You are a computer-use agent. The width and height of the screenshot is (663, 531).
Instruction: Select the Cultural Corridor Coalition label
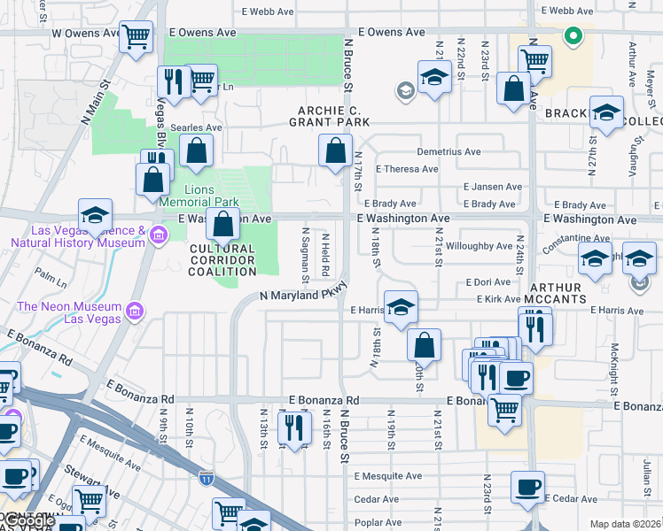pos(222,260)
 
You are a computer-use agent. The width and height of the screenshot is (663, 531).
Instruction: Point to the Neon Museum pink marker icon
pos(135,311)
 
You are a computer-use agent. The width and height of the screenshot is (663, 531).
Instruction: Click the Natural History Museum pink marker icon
pos(159,235)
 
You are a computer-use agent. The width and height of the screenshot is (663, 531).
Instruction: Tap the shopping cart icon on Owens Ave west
pos(136,37)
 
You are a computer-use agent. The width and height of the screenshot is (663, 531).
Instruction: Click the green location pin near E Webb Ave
pos(573,36)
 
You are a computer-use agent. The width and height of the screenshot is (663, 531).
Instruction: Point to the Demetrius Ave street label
pos(448,151)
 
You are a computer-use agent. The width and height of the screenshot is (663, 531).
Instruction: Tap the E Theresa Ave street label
pos(407,169)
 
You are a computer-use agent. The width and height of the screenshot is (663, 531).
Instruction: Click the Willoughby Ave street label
pos(480,246)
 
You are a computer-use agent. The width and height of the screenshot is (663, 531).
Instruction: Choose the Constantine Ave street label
pos(576,238)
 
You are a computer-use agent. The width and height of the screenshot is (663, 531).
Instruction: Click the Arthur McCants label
pos(556,294)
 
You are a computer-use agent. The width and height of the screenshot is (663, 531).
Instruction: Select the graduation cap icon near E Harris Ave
pos(401,308)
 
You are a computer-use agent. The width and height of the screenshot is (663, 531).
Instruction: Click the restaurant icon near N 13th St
pos(294,427)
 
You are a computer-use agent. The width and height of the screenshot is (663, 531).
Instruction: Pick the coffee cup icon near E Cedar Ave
pos(527,485)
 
